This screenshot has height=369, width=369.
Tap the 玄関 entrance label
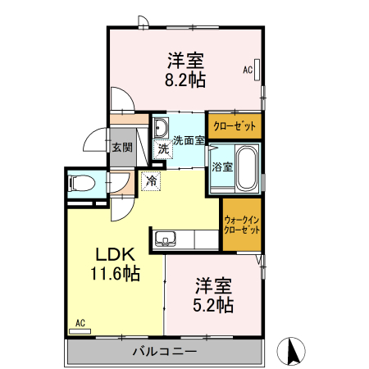click(x=122, y=148)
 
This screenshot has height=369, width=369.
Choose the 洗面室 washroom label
click(x=188, y=140)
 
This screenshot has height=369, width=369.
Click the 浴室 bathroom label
click(x=221, y=166)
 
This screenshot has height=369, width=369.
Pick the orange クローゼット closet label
click(x=235, y=125)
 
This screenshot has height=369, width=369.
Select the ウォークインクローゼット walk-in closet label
click(x=242, y=225)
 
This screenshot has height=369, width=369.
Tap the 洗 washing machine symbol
click(x=162, y=149)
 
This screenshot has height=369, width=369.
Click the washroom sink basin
click(x=161, y=127)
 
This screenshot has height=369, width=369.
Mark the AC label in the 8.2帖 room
click(x=247, y=71)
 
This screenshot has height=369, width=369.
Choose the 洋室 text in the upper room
click(x=186, y=61)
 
